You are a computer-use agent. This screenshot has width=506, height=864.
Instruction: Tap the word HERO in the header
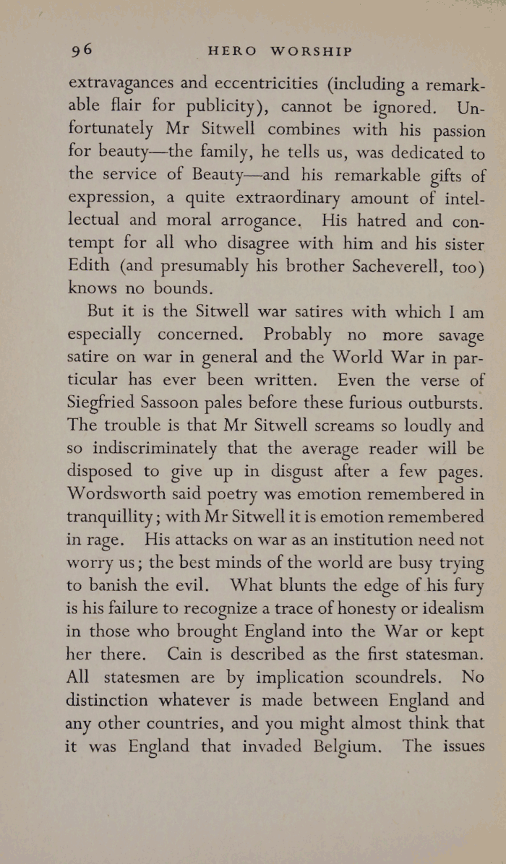pyautogui.click(x=231, y=51)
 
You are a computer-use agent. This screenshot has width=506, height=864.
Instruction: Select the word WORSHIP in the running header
pyautogui.click(x=311, y=51)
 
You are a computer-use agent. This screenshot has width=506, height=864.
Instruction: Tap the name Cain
pyautogui.click(x=184, y=655)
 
